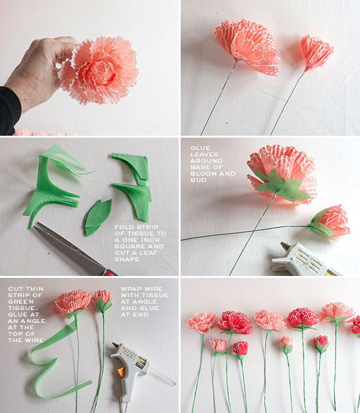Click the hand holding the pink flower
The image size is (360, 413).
point(39,71)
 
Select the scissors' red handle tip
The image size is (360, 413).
point(110,273)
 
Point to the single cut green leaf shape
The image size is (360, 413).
point(98,217)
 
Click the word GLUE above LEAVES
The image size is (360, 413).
point(201,148)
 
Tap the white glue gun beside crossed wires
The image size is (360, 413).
point(303,259)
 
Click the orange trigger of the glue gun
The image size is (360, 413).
point(121,372)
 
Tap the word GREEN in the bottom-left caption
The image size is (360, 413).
point(21,302)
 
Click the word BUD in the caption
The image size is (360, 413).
point(199,180)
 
